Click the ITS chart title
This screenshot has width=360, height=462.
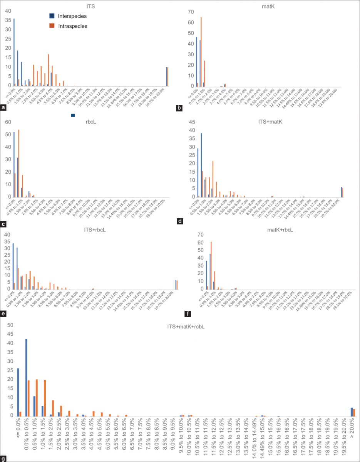(x=91, y=5)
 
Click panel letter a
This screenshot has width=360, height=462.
(x=3, y=108)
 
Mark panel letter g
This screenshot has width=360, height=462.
(x=3, y=459)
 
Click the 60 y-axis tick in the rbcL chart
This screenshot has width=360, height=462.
(x=8, y=122)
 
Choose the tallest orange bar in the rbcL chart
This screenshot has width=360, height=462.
(x=19, y=163)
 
